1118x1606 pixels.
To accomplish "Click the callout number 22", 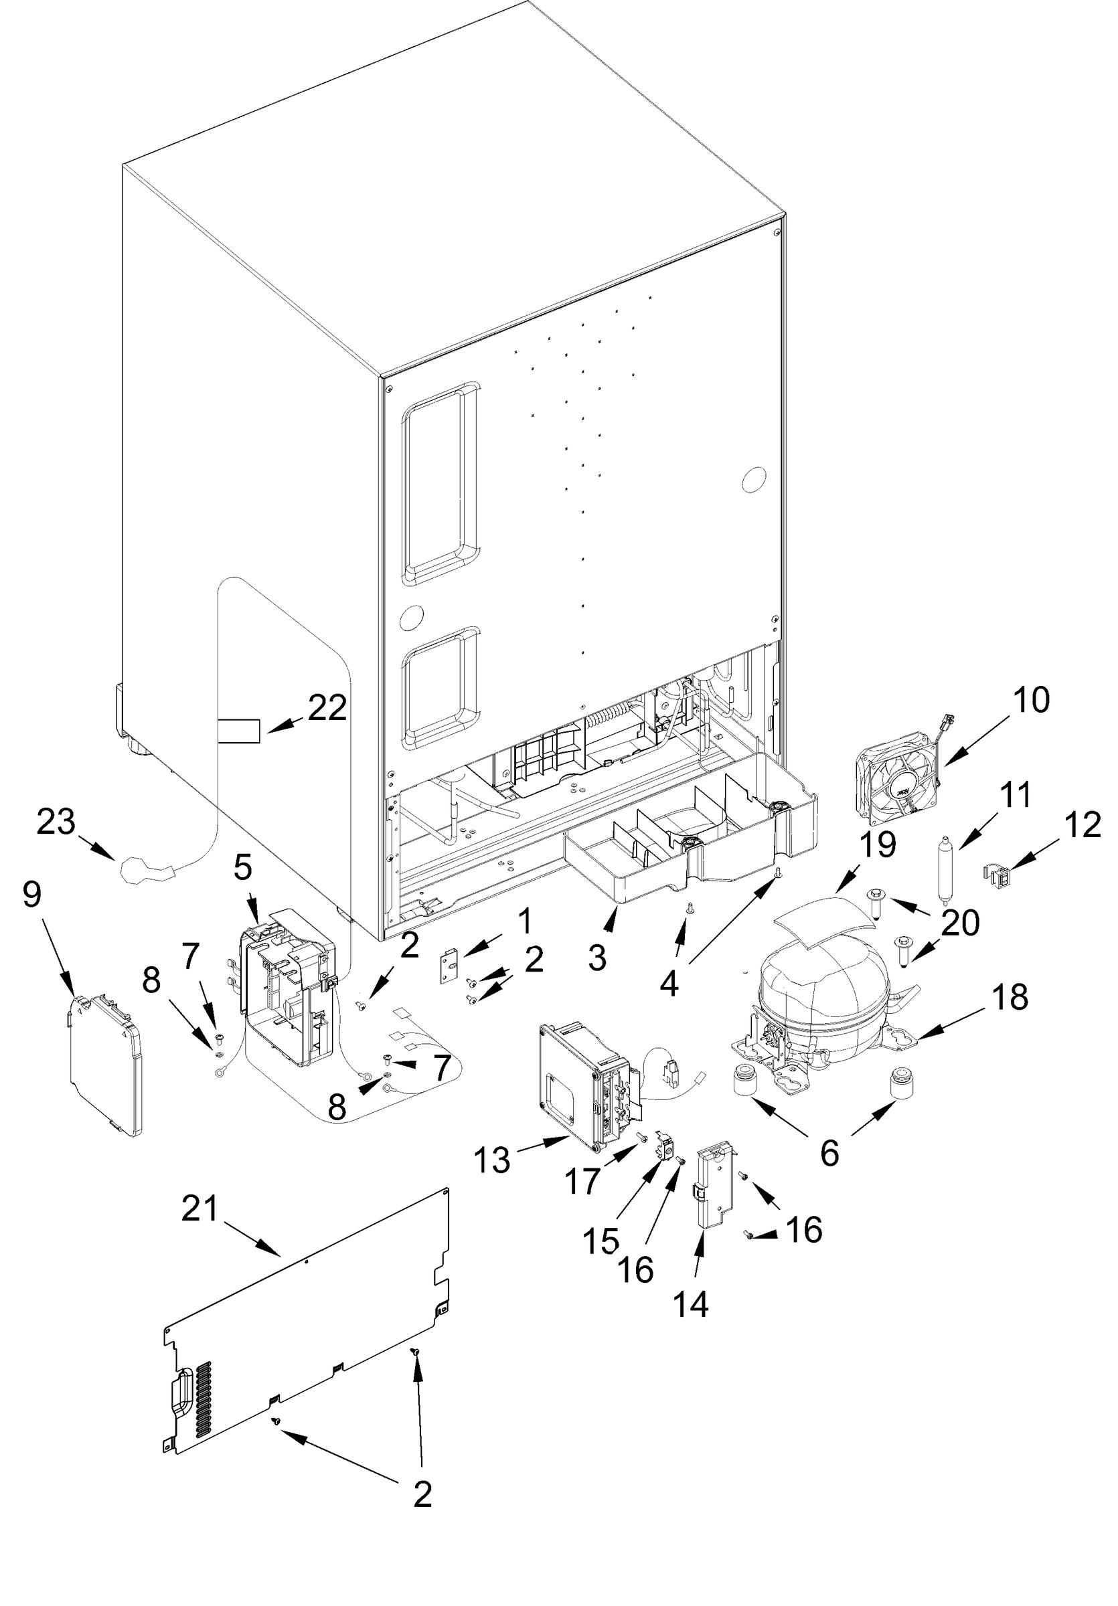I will click(327, 709).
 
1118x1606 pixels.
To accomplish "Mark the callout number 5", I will click(243, 868).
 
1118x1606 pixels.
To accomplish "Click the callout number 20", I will click(960, 923).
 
